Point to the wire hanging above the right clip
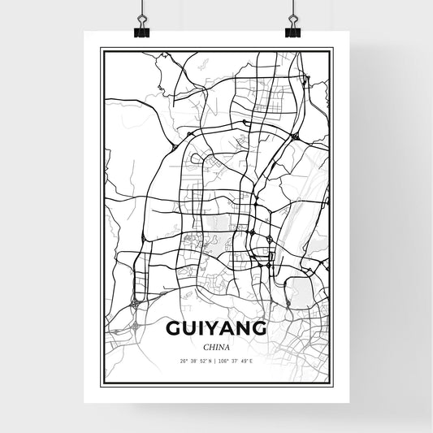[x=292, y=10]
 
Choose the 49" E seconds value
[x=250, y=361]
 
